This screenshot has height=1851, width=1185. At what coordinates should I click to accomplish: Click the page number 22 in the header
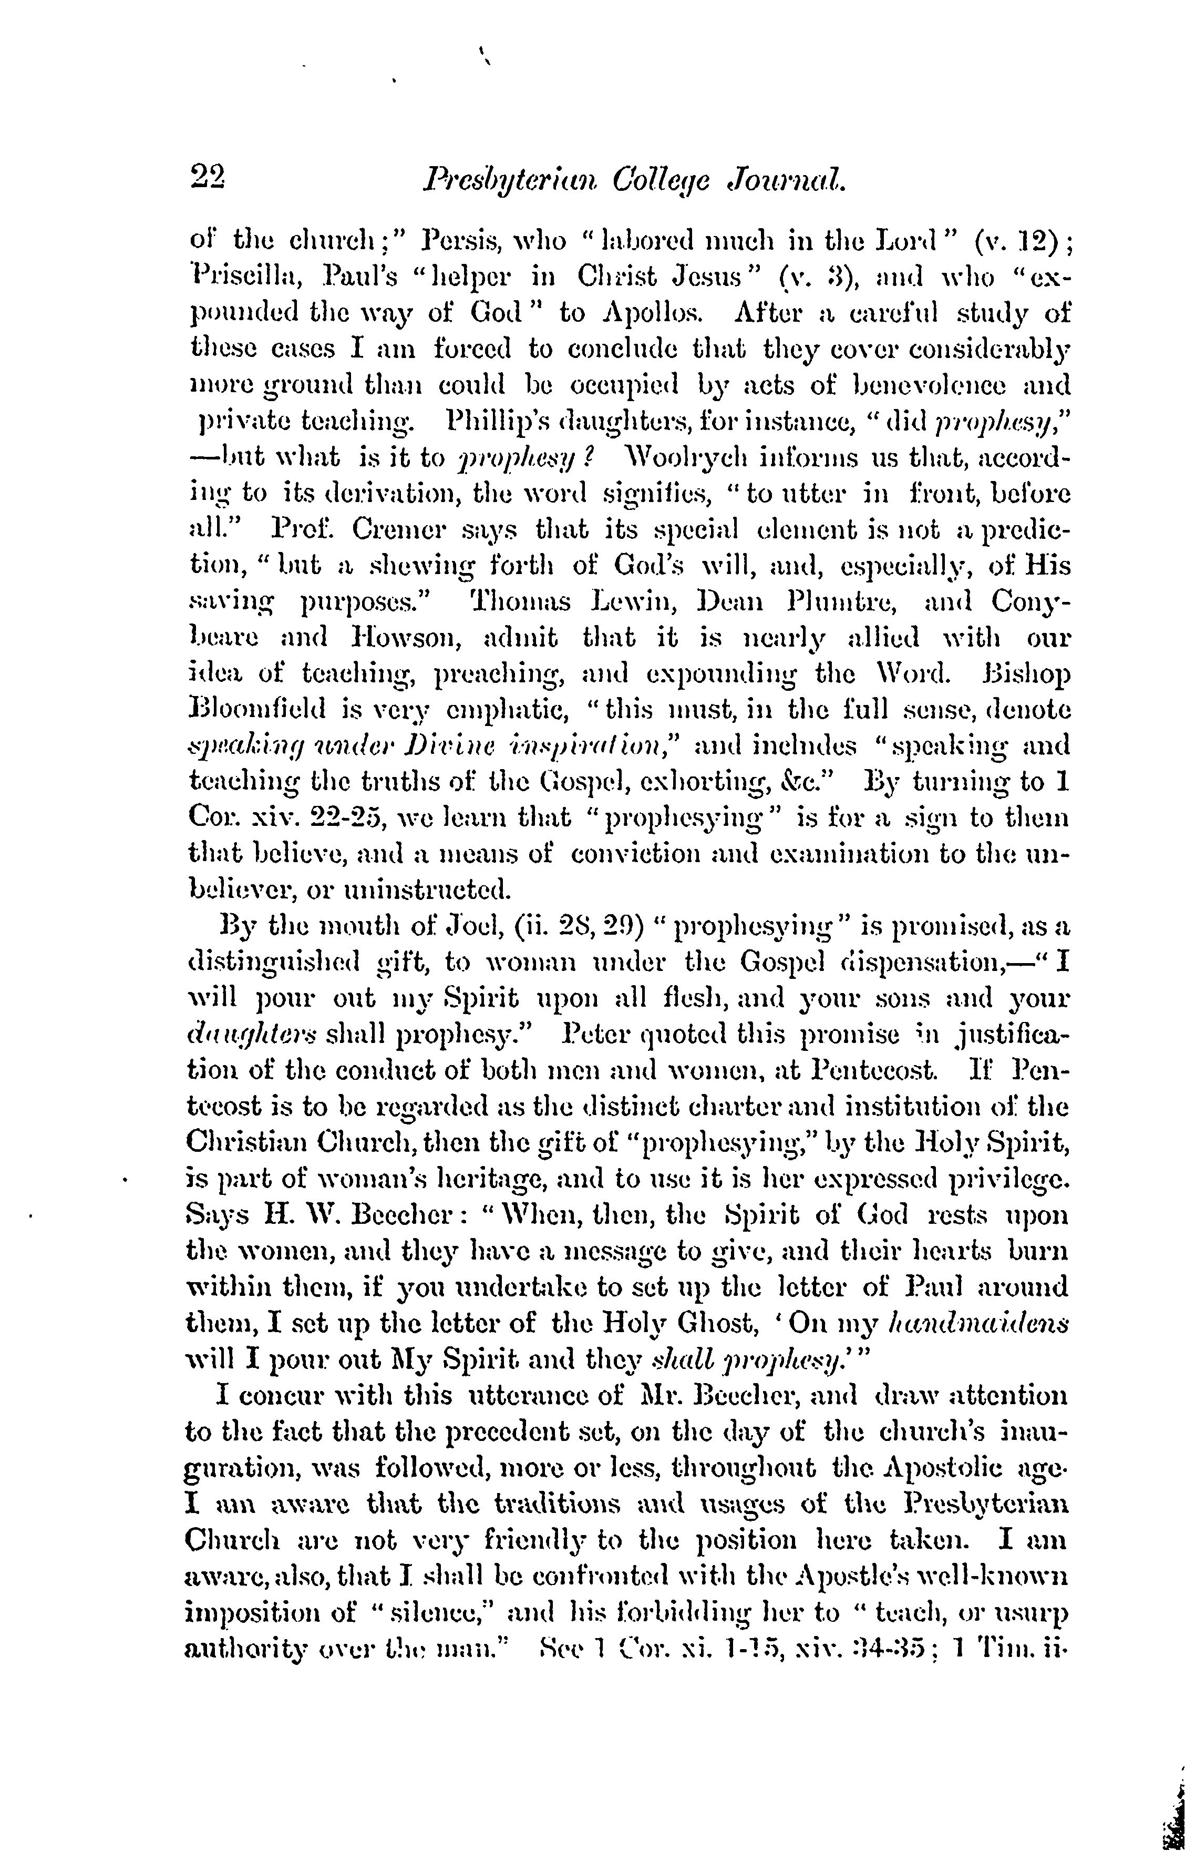pyautogui.click(x=206, y=182)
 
